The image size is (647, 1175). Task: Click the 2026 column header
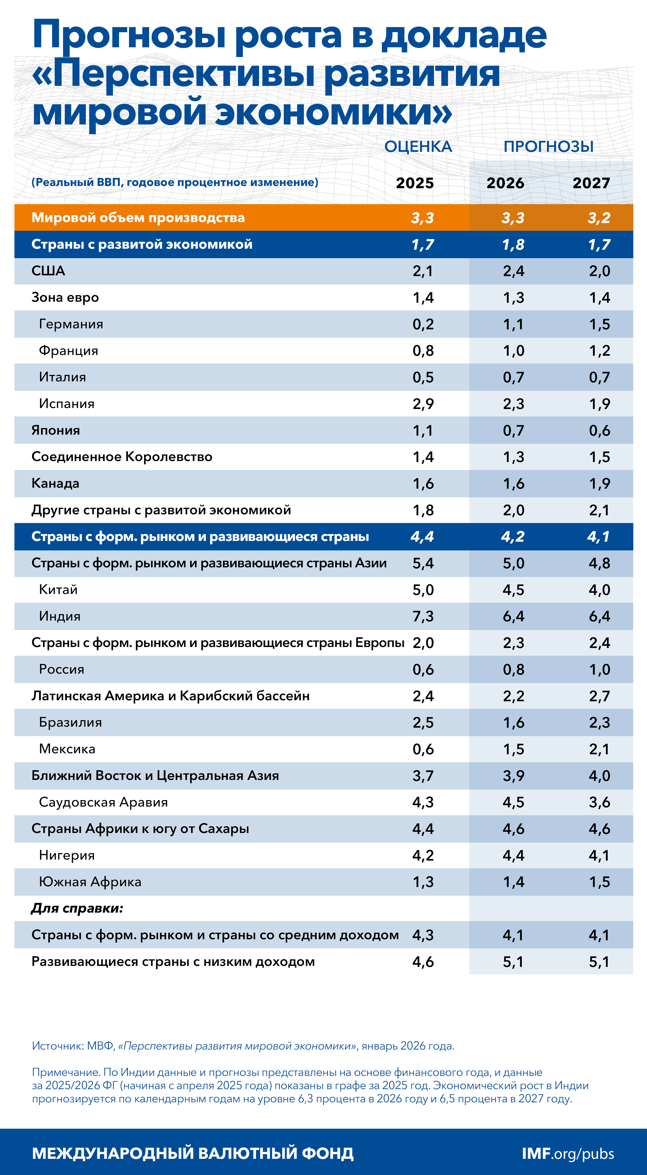pyautogui.click(x=505, y=183)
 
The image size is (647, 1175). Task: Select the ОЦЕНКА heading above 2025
pyautogui.click(x=418, y=146)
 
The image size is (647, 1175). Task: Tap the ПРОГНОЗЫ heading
pyautogui.click(x=548, y=146)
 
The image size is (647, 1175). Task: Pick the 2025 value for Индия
pyautogui.click(x=423, y=616)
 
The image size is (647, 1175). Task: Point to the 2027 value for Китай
pyautogui.click(x=599, y=590)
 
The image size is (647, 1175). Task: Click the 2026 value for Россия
pyautogui.click(x=513, y=670)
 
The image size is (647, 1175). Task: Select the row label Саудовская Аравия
pyautogui.click(x=104, y=802)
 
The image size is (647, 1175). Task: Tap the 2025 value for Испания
pyautogui.click(x=423, y=404)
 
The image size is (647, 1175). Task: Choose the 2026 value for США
pyautogui.click(x=513, y=271)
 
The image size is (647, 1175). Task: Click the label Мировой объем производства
pyautogui.click(x=138, y=218)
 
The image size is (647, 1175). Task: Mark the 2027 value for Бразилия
pyautogui.click(x=599, y=722)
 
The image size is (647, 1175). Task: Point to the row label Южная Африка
pyautogui.click(x=90, y=882)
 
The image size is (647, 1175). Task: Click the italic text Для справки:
pyautogui.click(x=77, y=908)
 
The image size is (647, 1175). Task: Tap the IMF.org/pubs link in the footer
pyautogui.click(x=568, y=1154)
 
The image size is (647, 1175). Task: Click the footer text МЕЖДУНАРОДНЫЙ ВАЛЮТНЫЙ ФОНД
pyautogui.click(x=193, y=1154)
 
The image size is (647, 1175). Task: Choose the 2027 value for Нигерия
pyautogui.click(x=599, y=855)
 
